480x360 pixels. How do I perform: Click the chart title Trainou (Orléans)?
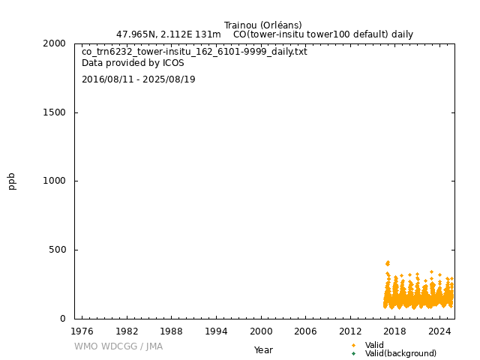click(x=262, y=25)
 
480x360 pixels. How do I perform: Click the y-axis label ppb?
click(x=12, y=181)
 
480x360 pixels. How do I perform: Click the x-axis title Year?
click(x=263, y=350)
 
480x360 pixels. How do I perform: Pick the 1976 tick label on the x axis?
click(x=82, y=331)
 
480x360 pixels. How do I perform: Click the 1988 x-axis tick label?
click(x=171, y=331)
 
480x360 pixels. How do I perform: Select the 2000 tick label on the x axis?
click(x=261, y=331)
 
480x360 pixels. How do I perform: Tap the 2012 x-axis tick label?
click(x=350, y=331)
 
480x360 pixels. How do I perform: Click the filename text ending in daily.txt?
click(x=194, y=52)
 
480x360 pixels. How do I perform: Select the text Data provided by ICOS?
click(x=133, y=63)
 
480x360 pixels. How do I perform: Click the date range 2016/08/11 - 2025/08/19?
click(x=138, y=79)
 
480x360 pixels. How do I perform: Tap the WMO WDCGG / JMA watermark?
click(x=118, y=346)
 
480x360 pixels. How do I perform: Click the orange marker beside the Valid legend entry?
click(x=353, y=345)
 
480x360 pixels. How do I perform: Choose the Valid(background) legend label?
click(x=400, y=353)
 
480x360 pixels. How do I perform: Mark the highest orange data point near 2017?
click(x=388, y=262)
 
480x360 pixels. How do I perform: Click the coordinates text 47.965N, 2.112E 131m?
click(x=169, y=34)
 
